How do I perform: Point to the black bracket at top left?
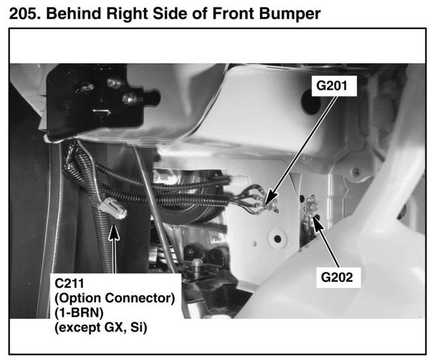tap(99, 99)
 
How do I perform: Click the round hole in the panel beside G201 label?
tap(310, 101)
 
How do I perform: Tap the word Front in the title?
tap(235, 12)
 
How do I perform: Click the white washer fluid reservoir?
tap(358, 265)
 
